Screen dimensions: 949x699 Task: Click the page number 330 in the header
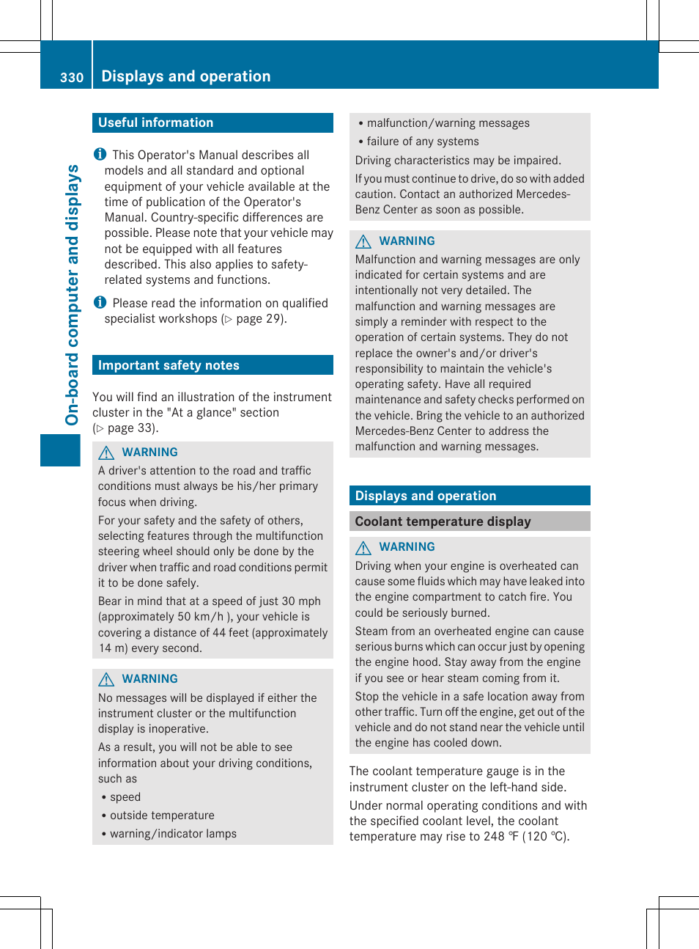coord(72,78)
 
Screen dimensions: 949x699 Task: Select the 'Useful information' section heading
coord(155,122)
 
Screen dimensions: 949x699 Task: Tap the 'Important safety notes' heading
coord(169,365)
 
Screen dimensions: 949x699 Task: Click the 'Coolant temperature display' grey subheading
coord(443,521)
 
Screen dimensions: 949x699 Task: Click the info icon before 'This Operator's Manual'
coord(100,154)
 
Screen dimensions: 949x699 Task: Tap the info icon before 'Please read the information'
coord(100,302)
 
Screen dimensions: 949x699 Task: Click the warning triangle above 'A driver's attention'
coord(106,452)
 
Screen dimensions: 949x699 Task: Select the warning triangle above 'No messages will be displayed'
coord(106,679)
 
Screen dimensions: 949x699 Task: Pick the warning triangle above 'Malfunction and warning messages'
coord(363,241)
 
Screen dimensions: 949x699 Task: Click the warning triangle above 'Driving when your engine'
coord(363,547)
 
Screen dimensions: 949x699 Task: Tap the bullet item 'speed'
coord(125,797)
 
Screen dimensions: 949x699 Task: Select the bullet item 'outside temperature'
coord(162,816)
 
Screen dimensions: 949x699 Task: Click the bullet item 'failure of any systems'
coord(423,142)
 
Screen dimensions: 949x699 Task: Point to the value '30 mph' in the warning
coord(301,601)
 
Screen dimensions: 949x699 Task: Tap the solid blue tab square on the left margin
coord(60,450)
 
